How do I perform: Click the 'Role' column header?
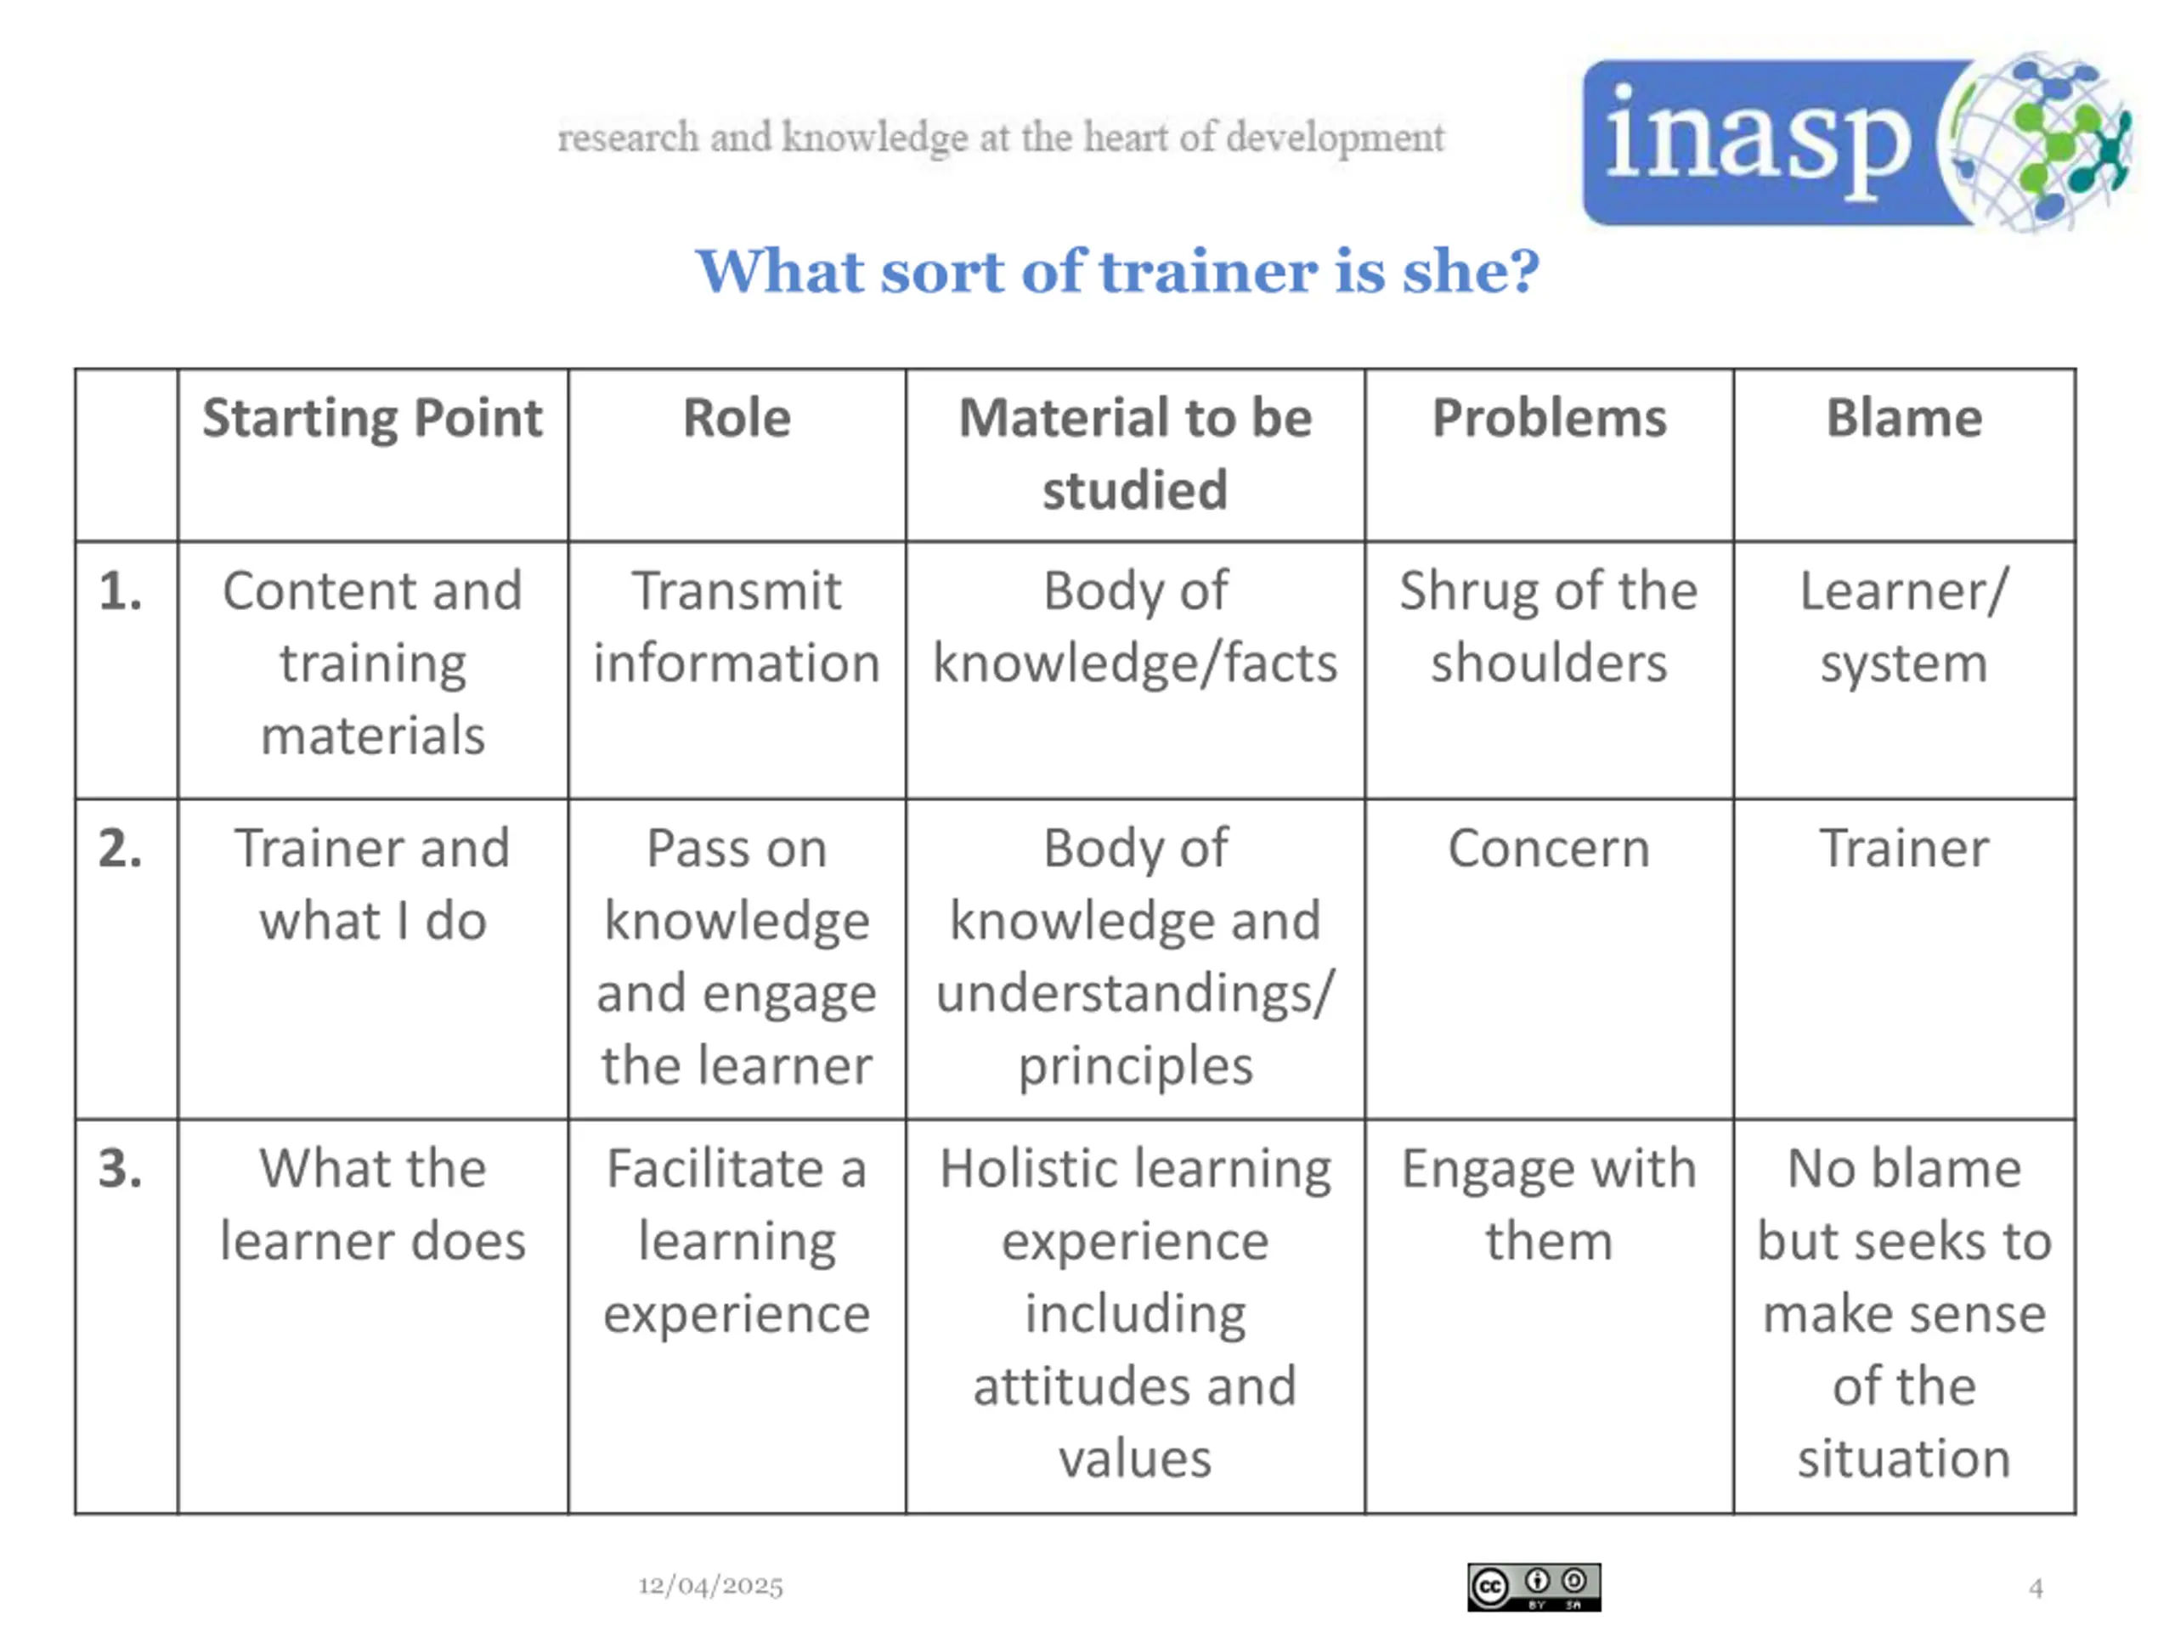click(737, 418)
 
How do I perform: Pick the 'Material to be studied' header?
click(1135, 454)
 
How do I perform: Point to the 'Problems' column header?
click(1549, 418)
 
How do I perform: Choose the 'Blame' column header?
click(1904, 418)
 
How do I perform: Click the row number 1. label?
click(121, 592)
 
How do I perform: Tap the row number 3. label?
click(121, 1169)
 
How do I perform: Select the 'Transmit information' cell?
click(737, 626)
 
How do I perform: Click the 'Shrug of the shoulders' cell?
click(1549, 626)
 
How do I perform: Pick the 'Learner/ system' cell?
click(1904, 626)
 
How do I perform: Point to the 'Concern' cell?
click(1549, 849)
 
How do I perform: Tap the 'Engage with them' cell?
click(1549, 1205)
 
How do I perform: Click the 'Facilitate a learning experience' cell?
click(737, 1241)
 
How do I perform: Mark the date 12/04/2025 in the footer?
click(711, 1586)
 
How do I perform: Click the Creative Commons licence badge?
click(1534, 1587)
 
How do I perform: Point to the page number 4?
click(2036, 1588)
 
